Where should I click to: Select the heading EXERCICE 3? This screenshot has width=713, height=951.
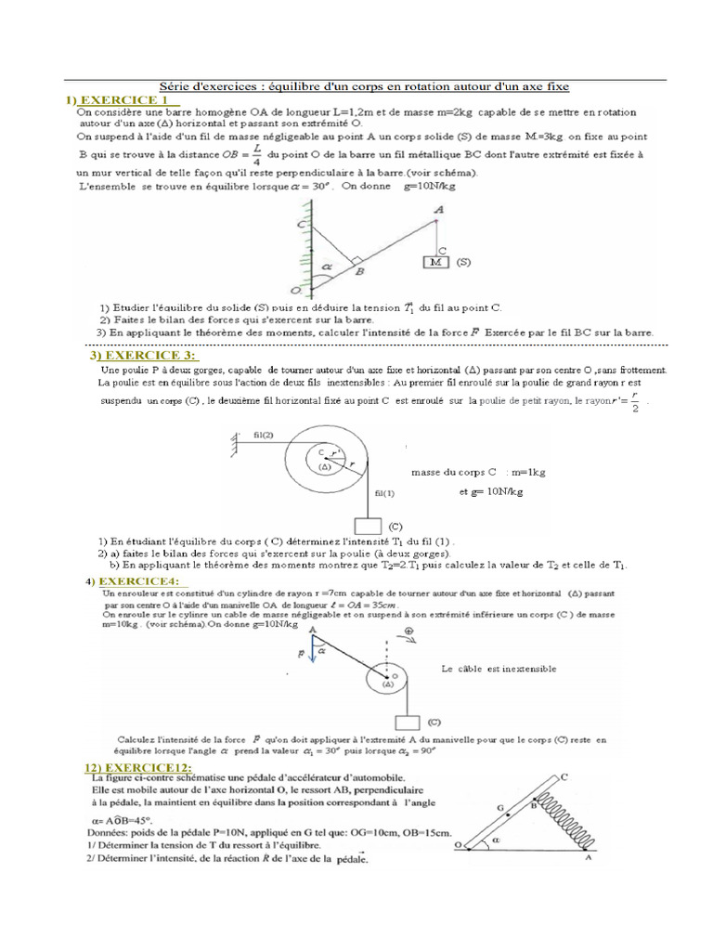pyautogui.click(x=144, y=356)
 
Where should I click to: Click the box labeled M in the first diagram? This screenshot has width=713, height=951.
pyautogui.click(x=434, y=263)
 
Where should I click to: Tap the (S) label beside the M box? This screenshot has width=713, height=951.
pyautogui.click(x=463, y=263)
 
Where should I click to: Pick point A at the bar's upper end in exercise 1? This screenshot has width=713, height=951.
pyautogui.click(x=438, y=211)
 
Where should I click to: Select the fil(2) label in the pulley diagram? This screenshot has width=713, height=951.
pyautogui.click(x=263, y=435)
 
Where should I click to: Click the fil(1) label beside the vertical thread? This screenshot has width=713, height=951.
pyautogui.click(x=384, y=493)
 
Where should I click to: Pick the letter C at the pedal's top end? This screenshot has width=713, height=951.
pyautogui.click(x=564, y=775)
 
